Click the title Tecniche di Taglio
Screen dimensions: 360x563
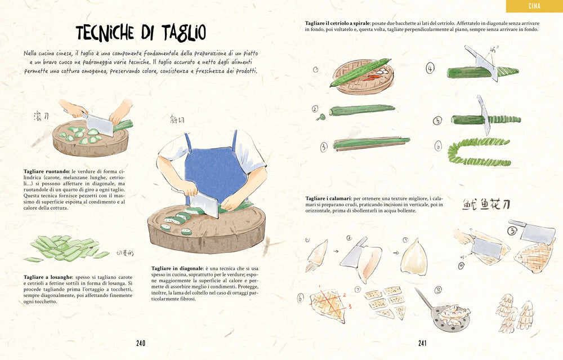click(141, 33)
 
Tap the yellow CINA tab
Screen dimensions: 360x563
click(534, 6)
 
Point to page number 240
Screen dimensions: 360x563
click(141, 343)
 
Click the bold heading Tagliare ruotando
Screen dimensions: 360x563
click(46, 171)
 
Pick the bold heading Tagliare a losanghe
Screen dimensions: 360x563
click(48, 277)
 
